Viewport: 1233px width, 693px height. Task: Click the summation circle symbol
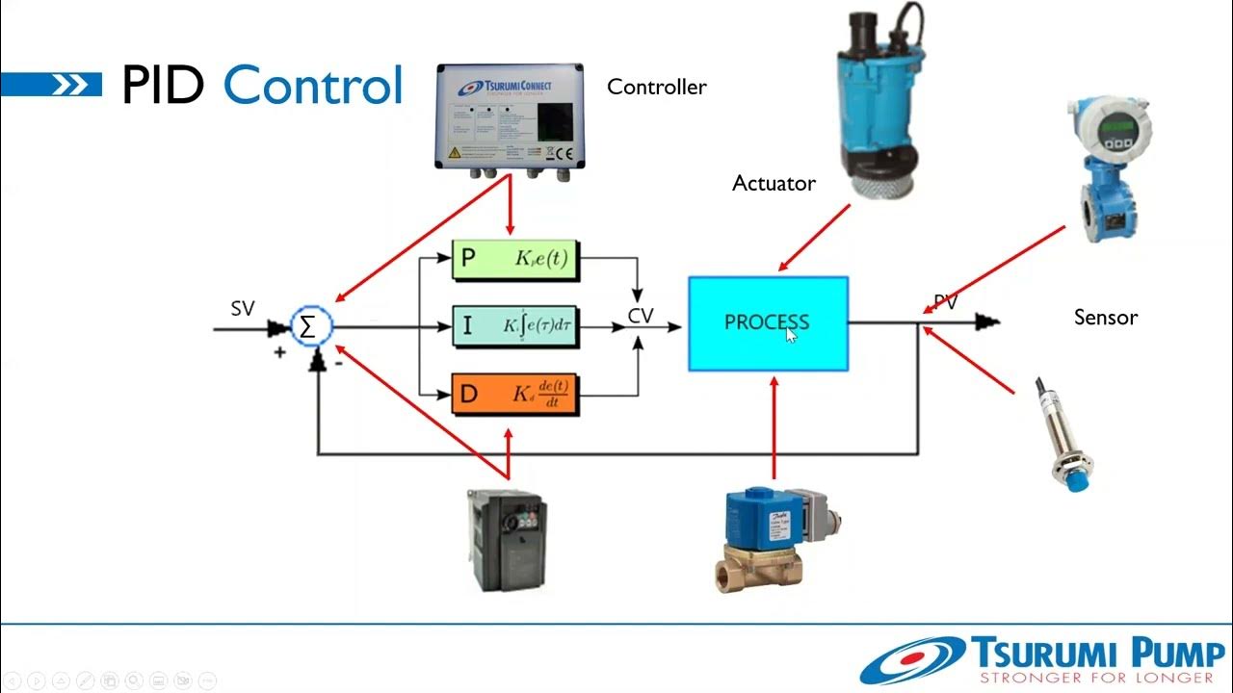pos(308,327)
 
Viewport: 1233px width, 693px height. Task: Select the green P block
pos(515,259)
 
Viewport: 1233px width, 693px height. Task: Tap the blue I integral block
pos(515,326)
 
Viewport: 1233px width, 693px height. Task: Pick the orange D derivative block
pos(515,394)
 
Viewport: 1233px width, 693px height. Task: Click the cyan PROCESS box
pos(768,323)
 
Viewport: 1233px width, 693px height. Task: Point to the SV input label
pos(243,309)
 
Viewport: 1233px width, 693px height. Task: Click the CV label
pos(641,315)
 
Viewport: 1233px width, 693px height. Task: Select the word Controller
pos(656,88)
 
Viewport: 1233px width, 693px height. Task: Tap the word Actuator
pos(774,183)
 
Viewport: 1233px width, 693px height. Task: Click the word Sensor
pos(1105,318)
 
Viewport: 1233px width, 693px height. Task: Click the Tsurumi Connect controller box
pos(509,115)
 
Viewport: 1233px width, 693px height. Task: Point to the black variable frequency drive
pos(506,539)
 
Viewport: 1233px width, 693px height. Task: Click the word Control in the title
pos(313,86)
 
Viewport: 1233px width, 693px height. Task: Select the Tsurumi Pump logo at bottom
pos(1040,659)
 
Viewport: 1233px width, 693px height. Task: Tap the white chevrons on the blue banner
pos(70,86)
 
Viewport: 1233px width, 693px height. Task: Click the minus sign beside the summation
pos(338,365)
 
